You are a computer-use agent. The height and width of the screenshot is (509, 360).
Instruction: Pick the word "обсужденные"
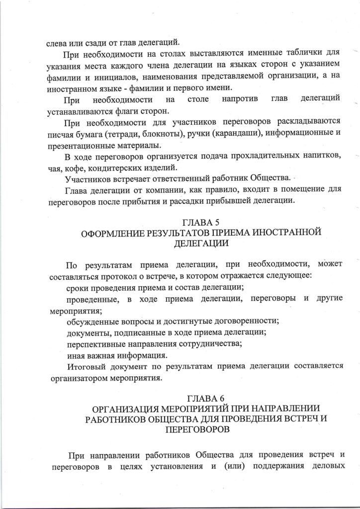[x=91, y=322]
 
